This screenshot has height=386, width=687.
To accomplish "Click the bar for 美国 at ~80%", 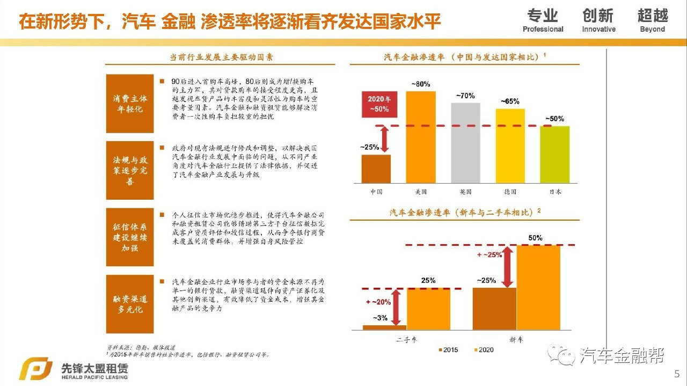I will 420,137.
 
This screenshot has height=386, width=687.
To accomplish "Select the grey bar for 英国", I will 465,143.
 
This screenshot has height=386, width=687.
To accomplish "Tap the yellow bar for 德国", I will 509,146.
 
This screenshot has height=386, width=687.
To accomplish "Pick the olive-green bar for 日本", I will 554,155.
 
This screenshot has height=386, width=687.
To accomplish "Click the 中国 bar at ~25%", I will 376,169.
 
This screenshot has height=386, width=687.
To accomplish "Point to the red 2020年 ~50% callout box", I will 379,104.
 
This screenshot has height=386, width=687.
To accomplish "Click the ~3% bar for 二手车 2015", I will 384,327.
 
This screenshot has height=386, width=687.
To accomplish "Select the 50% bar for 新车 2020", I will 538,287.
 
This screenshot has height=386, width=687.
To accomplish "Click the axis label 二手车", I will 406,339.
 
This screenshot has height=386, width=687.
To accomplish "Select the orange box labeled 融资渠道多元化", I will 129,304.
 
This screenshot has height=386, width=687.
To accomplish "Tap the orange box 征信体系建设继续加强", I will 129,237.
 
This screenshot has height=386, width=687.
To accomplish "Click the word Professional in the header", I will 543,30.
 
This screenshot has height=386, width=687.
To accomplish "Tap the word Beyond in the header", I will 652,30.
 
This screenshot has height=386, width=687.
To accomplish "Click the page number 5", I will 676,373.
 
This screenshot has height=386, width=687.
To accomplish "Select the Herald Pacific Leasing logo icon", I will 35,370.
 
